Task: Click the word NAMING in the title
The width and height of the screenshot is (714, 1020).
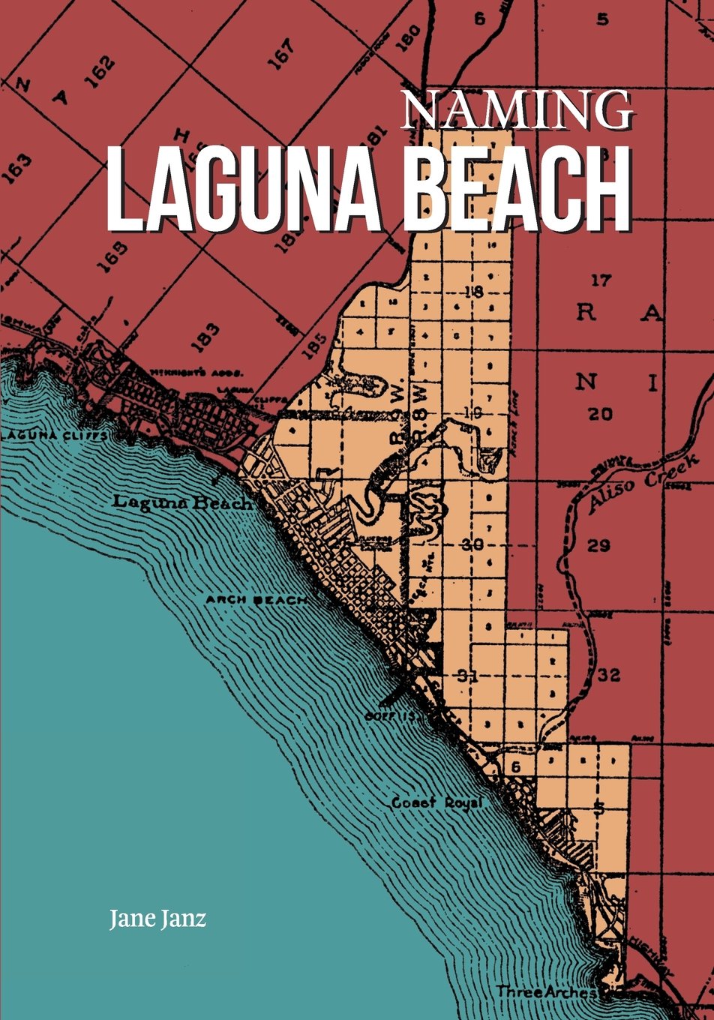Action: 517,109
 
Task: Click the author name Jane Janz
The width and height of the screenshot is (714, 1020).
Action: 157,918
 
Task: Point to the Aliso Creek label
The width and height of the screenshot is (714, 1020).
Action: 643,484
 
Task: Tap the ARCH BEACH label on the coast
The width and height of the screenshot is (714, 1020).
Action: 256,600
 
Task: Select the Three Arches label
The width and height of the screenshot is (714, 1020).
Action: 546,992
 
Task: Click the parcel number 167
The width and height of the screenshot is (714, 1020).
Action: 283,54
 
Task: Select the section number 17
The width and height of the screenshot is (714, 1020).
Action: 601,280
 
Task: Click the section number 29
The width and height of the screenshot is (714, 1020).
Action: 598,545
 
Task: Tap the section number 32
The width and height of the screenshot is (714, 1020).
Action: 609,675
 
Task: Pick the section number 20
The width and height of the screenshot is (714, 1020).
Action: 600,413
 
